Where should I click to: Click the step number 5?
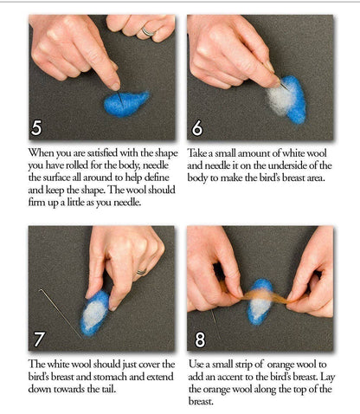pos(35,128)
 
